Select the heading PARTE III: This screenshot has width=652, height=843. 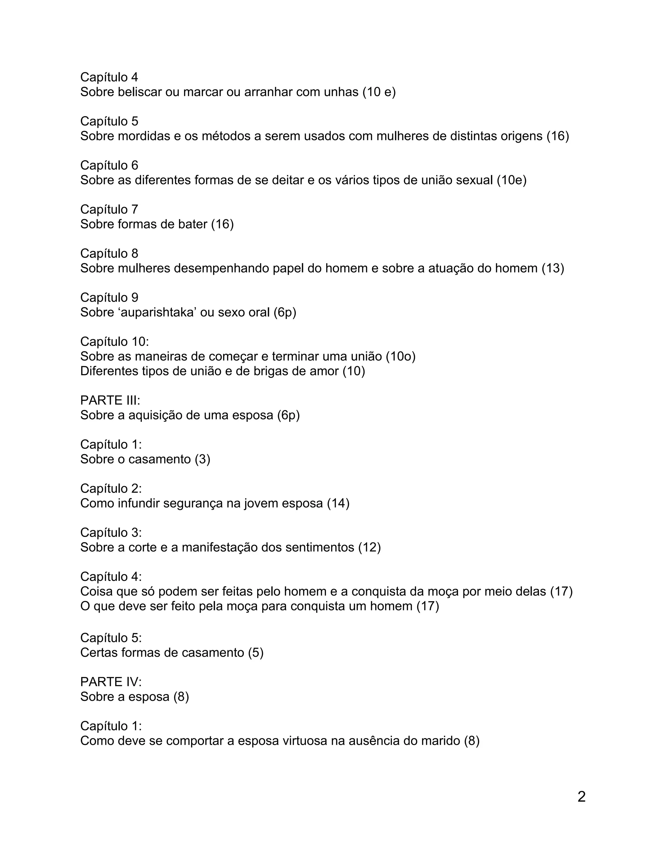[x=110, y=400]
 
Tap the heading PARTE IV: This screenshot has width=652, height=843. [x=111, y=682]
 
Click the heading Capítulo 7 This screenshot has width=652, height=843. [x=109, y=209]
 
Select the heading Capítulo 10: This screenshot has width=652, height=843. [x=114, y=342]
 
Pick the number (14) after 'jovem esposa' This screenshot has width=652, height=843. [x=338, y=503]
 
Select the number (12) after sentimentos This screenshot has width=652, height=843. [x=369, y=547]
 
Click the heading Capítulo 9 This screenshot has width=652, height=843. [x=109, y=298]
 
